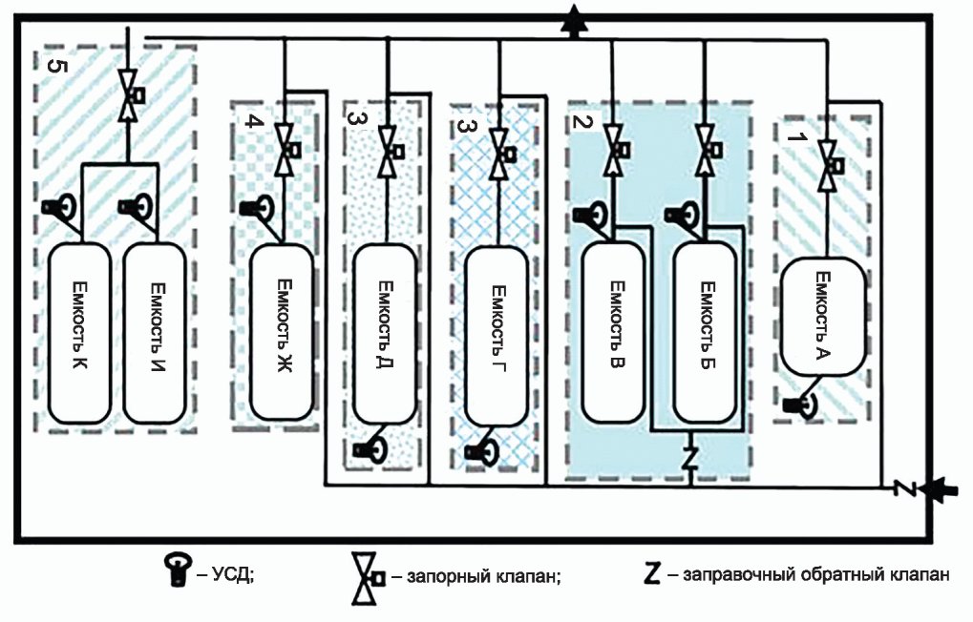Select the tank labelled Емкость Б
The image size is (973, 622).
click(x=706, y=332)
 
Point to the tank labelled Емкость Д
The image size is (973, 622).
click(x=385, y=333)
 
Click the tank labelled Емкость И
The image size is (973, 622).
click(x=155, y=333)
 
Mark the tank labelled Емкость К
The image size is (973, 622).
click(x=79, y=333)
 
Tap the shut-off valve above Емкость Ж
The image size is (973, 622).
click(x=286, y=149)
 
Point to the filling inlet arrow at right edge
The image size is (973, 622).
click(x=935, y=488)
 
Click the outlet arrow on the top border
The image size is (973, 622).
click(x=574, y=21)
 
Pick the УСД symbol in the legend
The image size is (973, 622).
click(x=178, y=570)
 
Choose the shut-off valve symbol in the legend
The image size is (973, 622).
click(x=368, y=578)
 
